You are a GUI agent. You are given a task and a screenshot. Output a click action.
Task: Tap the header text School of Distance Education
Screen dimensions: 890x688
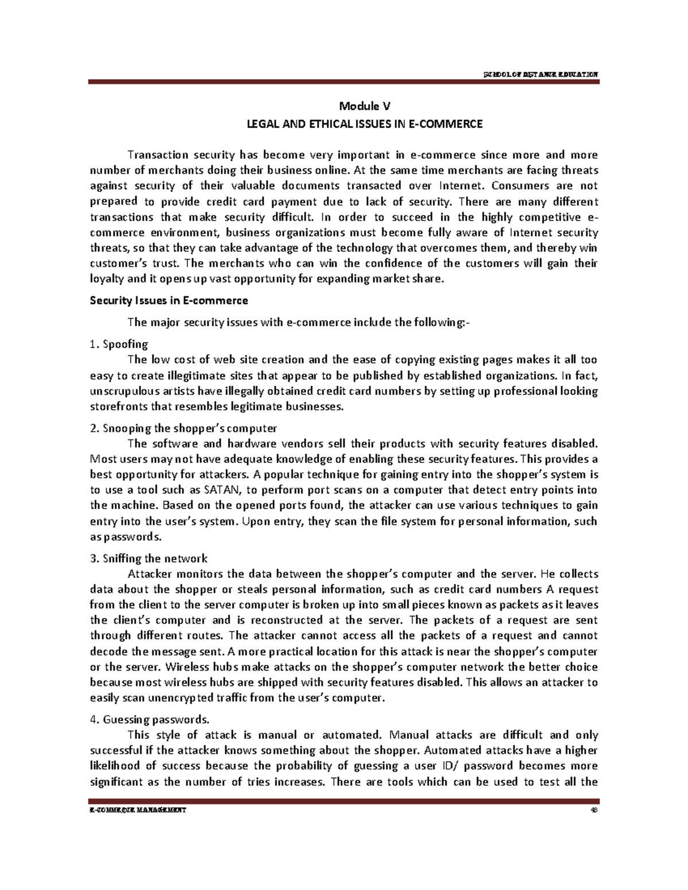(541, 75)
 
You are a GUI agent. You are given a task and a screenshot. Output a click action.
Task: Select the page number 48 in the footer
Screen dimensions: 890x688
(594, 810)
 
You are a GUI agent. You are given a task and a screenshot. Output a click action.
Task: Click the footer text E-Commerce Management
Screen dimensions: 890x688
(138, 810)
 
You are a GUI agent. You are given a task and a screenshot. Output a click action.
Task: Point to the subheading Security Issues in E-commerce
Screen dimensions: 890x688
(169, 301)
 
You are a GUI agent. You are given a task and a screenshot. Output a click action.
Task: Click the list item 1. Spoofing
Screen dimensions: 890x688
(119, 344)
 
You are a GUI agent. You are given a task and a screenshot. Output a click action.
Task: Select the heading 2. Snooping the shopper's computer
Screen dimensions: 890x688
(183, 428)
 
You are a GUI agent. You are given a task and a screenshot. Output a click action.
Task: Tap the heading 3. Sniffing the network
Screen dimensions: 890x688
(149, 559)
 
